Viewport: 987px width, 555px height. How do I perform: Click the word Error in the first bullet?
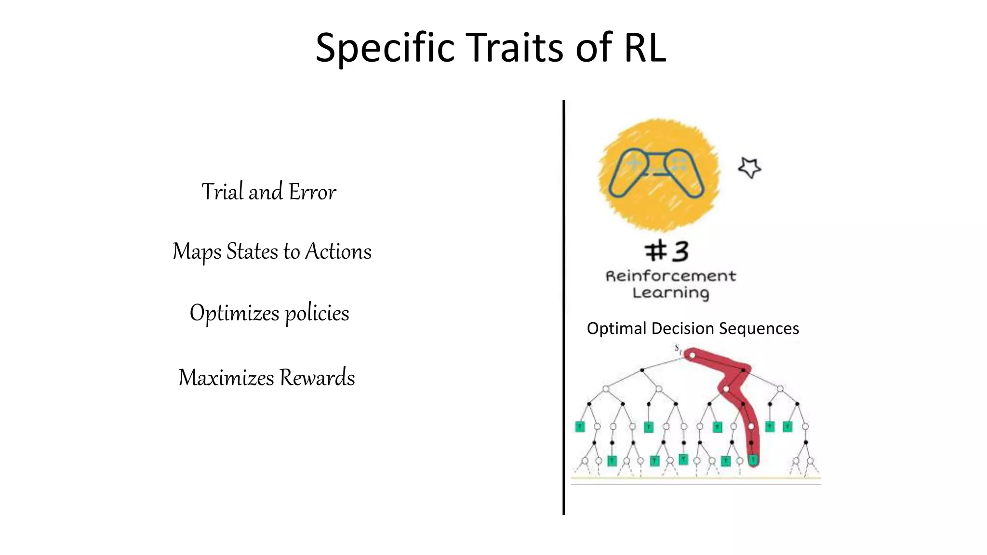[312, 192]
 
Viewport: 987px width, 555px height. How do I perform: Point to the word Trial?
[222, 192]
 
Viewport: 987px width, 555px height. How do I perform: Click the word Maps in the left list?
[197, 251]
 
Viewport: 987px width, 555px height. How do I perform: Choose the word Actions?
[338, 251]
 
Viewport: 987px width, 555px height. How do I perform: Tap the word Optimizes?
[234, 313]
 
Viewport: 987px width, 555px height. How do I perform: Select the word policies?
[317, 313]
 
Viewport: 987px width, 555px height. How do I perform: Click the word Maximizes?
[226, 377]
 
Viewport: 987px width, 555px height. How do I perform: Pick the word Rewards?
[317, 377]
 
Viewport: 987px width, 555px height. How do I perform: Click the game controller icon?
[656, 172]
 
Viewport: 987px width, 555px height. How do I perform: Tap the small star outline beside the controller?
[749, 168]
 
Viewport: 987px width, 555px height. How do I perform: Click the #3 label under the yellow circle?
[667, 251]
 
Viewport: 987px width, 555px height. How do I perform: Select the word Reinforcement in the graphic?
[670, 276]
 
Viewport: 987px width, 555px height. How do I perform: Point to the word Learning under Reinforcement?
[670, 293]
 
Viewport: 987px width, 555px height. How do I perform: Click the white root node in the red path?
[692, 356]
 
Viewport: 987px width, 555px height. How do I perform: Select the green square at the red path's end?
[753, 460]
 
